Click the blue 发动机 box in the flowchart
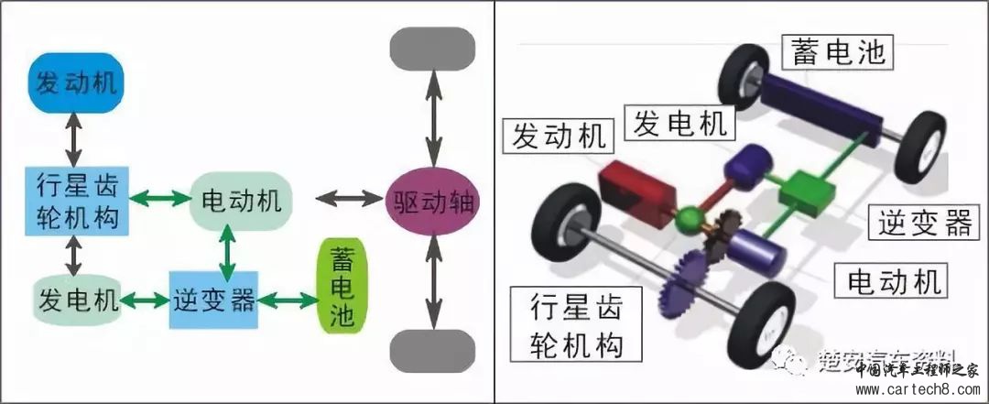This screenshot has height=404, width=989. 77,84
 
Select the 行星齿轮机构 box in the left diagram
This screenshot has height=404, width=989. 77,200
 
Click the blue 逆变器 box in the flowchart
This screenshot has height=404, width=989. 213,300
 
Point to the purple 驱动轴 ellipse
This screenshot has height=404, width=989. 432,199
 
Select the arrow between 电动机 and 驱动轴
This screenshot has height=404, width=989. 347,198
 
